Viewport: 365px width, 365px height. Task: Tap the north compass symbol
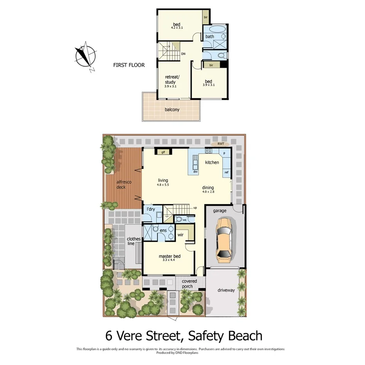pos(85,56)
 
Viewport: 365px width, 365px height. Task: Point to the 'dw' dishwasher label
pos(195,172)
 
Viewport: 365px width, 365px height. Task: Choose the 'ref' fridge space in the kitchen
pos(226,172)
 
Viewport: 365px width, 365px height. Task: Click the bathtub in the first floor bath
pos(216,30)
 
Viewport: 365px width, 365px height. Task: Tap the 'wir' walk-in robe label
pos(181,235)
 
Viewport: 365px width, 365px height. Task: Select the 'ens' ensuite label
pos(163,230)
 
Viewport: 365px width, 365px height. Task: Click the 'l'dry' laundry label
pos(151,210)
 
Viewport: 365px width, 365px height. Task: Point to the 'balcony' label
pos(172,110)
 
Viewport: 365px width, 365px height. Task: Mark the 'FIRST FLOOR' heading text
pos(129,65)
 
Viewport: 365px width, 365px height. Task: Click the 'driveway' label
pos(226,290)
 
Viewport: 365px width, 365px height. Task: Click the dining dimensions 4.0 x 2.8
pos(208,192)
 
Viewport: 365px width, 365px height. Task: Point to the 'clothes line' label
pos(134,241)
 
